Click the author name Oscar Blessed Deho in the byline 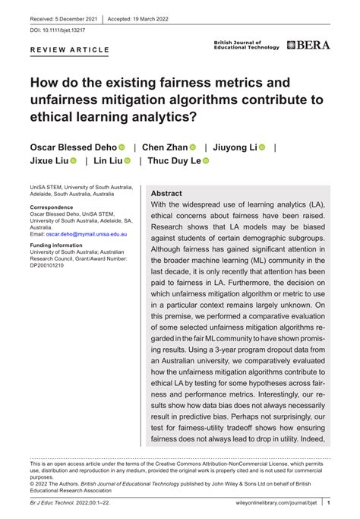coord(73,147)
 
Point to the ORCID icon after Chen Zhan coord(193,147)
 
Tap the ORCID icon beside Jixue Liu coord(74,161)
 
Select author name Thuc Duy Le coord(173,161)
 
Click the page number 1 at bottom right coord(329,502)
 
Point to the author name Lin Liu coord(107,161)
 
